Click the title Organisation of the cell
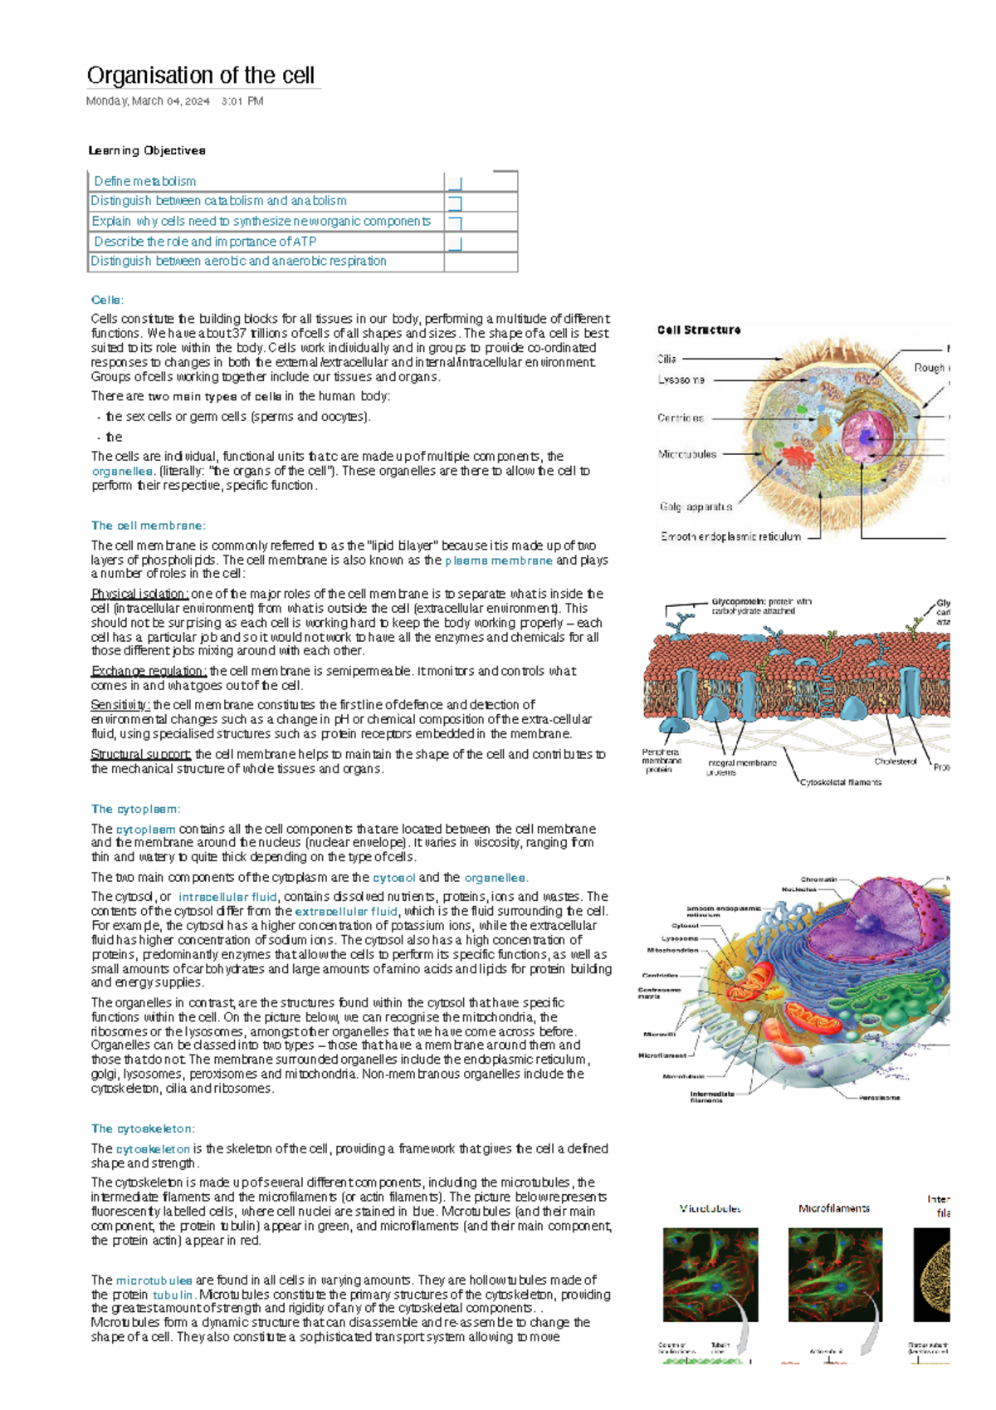pyautogui.click(x=200, y=76)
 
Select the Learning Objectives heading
pyautogui.click(x=147, y=150)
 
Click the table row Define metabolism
pyautogui.click(x=145, y=181)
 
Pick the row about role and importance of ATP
pyautogui.click(x=205, y=242)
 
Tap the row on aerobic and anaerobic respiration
pyautogui.click(x=238, y=261)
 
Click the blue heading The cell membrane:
pyautogui.click(x=148, y=526)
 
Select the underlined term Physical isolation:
pyautogui.click(x=139, y=594)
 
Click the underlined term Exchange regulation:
pyautogui.click(x=149, y=671)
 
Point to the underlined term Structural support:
pyautogui.click(x=141, y=755)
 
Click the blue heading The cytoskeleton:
pyautogui.click(x=143, y=1128)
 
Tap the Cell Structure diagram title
pyautogui.click(x=699, y=330)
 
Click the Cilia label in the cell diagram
pyautogui.click(x=666, y=359)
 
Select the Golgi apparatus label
pyautogui.click(x=696, y=507)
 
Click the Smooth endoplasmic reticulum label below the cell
pyautogui.click(x=730, y=536)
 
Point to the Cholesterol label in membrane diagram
pyautogui.click(x=895, y=761)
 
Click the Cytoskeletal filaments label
pyautogui.click(x=840, y=782)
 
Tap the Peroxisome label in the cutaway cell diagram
pyautogui.click(x=879, y=1098)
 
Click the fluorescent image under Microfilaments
pyautogui.click(x=835, y=1275)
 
